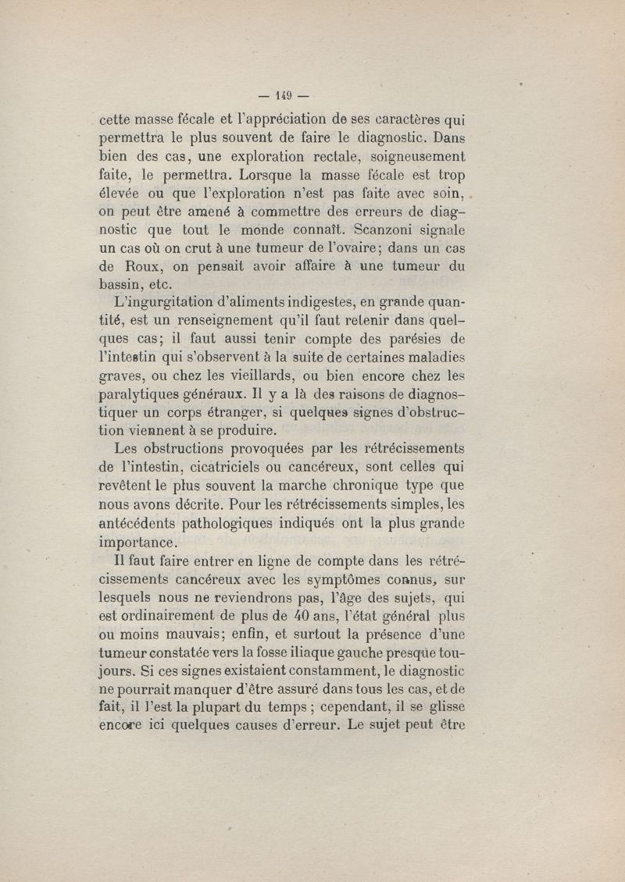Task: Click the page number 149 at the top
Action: coord(283,97)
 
